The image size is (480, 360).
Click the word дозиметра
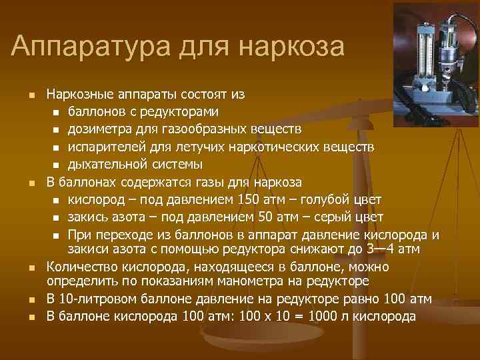(99, 128)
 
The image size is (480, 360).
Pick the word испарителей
(105, 146)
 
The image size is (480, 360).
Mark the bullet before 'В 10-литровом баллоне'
(31, 299)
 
